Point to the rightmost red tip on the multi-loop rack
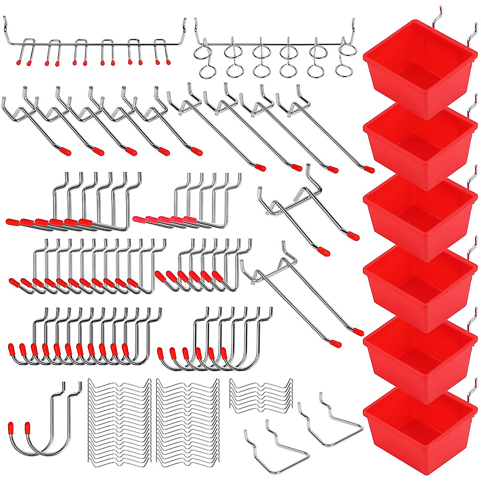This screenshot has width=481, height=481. click(x=168, y=63)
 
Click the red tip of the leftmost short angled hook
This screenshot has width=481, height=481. click(x=67, y=152)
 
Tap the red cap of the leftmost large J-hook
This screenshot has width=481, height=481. click(x=11, y=428)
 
